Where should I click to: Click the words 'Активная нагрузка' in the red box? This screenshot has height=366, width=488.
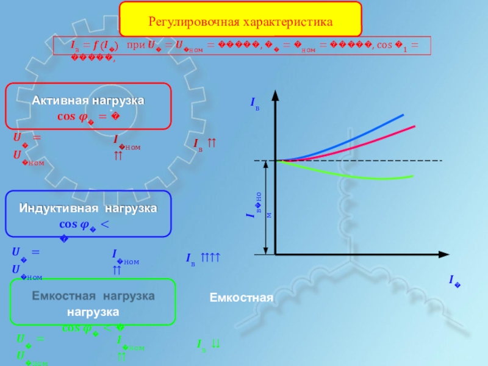(x=88, y=99)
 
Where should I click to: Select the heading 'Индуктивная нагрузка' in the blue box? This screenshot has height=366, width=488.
(x=88, y=208)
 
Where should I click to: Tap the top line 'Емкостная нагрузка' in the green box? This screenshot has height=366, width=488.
(x=93, y=296)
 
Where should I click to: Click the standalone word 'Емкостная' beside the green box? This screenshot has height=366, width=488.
(x=240, y=298)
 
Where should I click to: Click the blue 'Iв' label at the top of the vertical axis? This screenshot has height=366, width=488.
(x=255, y=105)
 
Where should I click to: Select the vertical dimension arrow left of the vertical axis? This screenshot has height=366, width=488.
(x=265, y=207)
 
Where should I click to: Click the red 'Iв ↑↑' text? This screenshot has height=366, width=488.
(x=206, y=144)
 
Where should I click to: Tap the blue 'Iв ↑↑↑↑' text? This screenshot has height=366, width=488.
(x=203, y=259)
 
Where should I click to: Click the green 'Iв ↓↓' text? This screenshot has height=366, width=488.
(x=208, y=345)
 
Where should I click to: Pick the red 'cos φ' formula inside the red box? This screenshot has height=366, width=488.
(x=88, y=116)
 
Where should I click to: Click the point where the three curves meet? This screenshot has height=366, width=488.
(x=278, y=161)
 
